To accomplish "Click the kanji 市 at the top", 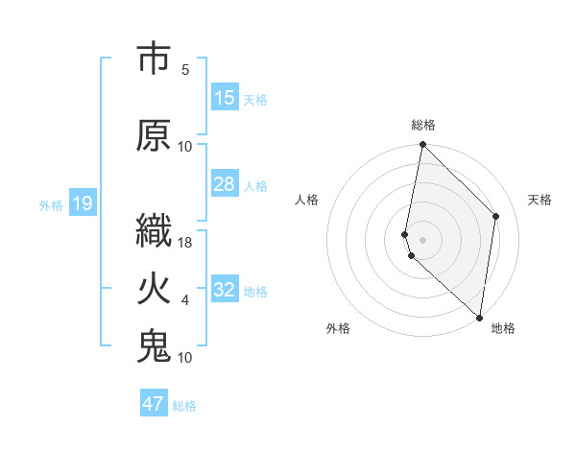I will pyautogui.click(x=155, y=59).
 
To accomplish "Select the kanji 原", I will pyautogui.click(x=155, y=135).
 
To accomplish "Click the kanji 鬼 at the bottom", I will pyautogui.click(x=155, y=345).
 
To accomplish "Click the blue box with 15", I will pyautogui.click(x=225, y=98).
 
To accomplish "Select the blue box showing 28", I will pyautogui.click(x=225, y=184).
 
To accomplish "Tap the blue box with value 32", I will pyautogui.click(x=225, y=290).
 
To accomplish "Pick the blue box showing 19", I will pyautogui.click(x=82, y=203).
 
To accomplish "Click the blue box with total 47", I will pyautogui.click(x=154, y=404).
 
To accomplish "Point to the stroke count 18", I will pyautogui.click(x=185, y=244).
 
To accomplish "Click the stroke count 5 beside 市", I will pyautogui.click(x=185, y=70).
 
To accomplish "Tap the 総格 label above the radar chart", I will pyautogui.click(x=423, y=125).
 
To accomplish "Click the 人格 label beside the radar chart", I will pyautogui.click(x=307, y=200).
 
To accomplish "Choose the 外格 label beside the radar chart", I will pyautogui.click(x=338, y=328).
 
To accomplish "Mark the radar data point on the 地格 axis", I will pyautogui.click(x=479, y=318).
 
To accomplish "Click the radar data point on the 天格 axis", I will pyautogui.click(x=496, y=216).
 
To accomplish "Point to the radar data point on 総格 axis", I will pyautogui.click(x=422, y=145).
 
